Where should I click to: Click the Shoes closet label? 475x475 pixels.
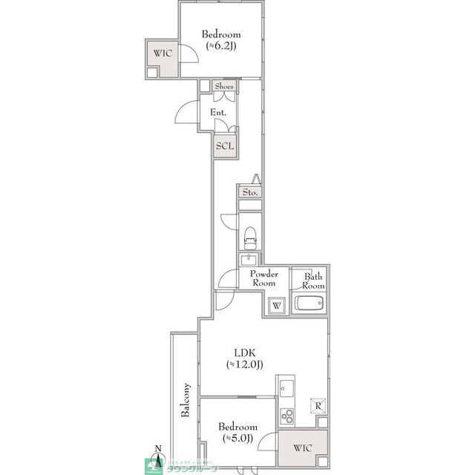click(x=224, y=87)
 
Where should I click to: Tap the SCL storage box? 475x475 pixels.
click(x=225, y=145)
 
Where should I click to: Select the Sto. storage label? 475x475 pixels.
click(x=249, y=192)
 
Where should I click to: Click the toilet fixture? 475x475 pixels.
click(x=249, y=235)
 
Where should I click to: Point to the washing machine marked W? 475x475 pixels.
click(x=276, y=305)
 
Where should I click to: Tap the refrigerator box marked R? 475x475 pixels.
click(x=317, y=405)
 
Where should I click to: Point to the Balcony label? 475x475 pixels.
click(x=186, y=402)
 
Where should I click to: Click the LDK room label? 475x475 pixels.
click(x=245, y=353)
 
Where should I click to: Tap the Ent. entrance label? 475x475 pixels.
click(x=218, y=112)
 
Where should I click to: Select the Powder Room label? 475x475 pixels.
click(x=263, y=278)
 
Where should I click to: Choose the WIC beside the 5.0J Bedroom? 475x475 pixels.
click(x=302, y=448)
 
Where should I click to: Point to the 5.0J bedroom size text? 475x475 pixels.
click(x=237, y=439)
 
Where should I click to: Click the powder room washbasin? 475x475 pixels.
click(x=249, y=259)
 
